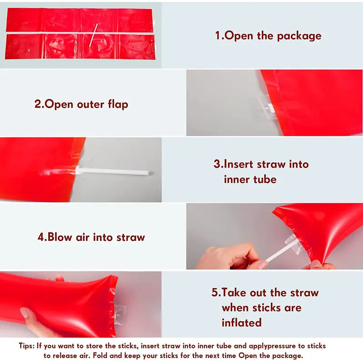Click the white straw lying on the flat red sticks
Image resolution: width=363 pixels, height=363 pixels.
tap(93, 35)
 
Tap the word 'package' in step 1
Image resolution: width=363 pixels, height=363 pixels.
tap(299, 36)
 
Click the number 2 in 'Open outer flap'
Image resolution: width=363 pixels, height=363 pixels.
tap(38, 104)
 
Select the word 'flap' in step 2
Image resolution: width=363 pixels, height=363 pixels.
tap(118, 104)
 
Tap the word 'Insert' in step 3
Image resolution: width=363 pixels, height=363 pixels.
tap(239, 164)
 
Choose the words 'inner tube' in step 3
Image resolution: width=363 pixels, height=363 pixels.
tap(250, 179)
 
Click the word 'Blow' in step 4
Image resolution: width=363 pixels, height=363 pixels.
tap(59, 237)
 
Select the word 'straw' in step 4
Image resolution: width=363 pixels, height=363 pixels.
tap(131, 237)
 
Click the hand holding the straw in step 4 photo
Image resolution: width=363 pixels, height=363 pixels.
tap(231, 257)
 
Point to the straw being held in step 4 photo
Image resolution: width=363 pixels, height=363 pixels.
tap(281, 251)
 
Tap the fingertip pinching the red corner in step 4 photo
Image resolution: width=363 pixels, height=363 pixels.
tap(317, 265)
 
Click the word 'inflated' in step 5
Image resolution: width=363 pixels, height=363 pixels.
tap(241, 323)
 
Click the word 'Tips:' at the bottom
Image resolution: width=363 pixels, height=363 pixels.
tap(27, 346)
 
